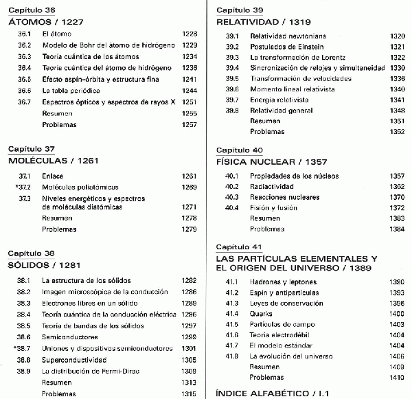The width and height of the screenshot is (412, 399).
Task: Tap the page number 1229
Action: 189,45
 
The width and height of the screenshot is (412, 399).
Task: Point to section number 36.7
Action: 25,102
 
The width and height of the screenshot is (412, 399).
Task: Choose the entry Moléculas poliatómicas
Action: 80,187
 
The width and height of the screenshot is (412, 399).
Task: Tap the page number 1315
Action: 189,394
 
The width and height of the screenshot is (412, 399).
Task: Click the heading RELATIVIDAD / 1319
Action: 261,21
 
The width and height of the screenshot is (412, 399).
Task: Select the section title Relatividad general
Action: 282,110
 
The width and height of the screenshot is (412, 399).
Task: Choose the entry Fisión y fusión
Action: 273,207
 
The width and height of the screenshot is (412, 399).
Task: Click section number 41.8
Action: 232,356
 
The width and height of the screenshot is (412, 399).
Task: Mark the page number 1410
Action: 397,378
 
